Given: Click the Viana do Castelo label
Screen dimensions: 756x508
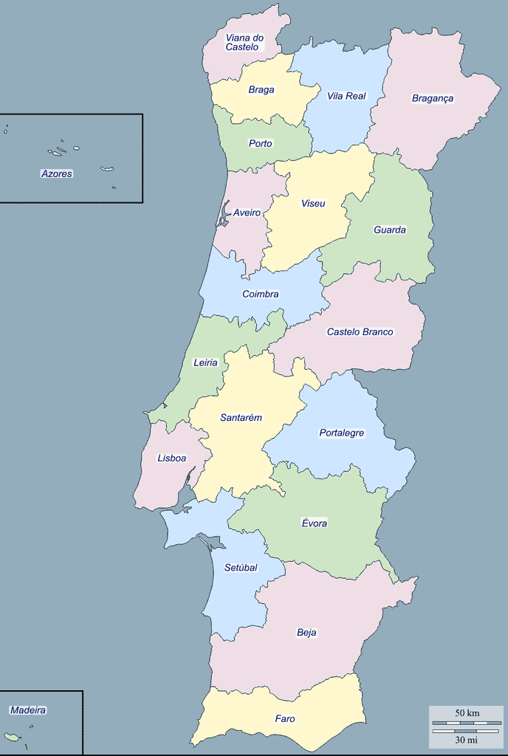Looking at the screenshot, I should pos(244,42).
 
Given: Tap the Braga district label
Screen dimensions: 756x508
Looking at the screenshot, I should pos(261,90).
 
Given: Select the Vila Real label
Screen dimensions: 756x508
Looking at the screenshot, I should pos(346,96).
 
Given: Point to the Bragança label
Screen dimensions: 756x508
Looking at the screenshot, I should pos(433,98).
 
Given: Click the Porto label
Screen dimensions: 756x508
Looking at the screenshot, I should pos(261,143).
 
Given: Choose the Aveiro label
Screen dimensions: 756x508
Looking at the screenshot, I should pos(247,213).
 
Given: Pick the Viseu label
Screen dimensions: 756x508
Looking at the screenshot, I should pos(313,203).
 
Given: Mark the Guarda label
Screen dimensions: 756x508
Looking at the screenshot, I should pos(390,230).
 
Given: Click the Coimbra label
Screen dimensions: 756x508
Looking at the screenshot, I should pos(261,294).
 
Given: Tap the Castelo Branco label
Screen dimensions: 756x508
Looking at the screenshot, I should pos(360,331).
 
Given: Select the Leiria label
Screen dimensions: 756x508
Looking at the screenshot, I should pos(205,362).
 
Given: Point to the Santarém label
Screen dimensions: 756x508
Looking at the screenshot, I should pos(241,417).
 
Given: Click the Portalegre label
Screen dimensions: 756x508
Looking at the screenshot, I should pos(342,433).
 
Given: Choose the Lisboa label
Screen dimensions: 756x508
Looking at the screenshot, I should pos(172,458).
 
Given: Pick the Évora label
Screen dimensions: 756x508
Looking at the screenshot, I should pos(315,523).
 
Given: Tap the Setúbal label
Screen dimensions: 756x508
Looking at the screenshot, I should pos(241,568).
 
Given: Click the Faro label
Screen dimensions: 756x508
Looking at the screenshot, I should pos(285,718).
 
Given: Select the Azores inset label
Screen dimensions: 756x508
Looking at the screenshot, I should pos(57,173).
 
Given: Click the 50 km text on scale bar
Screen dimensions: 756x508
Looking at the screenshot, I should pos(467,713).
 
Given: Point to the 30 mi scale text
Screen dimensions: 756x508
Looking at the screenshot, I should pos(467,739).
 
